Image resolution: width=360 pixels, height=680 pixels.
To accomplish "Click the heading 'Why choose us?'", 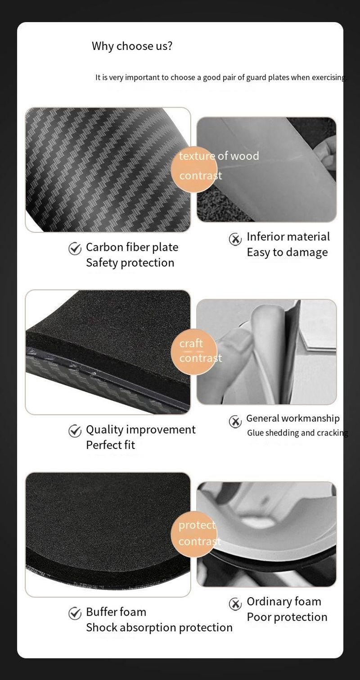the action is click(x=132, y=46).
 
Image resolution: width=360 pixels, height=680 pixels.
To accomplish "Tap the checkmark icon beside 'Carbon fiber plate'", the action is click(x=75, y=249).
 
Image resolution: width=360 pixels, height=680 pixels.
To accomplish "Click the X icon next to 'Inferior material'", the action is click(x=235, y=239).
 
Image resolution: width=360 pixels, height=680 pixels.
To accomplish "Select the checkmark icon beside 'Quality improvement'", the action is click(x=75, y=431).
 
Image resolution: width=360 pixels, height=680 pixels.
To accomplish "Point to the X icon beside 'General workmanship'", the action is click(x=235, y=422).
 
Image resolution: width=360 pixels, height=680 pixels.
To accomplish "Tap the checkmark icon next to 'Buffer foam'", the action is click(x=75, y=613).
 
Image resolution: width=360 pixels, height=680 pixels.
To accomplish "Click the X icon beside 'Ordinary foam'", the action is click(x=235, y=604).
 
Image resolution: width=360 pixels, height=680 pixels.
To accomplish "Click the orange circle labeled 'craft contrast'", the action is click(x=194, y=352).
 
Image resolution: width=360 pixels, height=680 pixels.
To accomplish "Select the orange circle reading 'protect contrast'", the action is click(x=194, y=534).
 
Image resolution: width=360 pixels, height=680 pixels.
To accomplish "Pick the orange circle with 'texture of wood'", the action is click(x=194, y=169).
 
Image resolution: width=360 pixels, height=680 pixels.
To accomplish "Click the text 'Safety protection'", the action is click(x=130, y=263).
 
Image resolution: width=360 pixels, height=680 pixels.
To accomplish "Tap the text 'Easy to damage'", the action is click(x=287, y=252).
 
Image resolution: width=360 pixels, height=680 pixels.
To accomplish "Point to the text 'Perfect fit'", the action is click(x=110, y=445).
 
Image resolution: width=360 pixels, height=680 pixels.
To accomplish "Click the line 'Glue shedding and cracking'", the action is click(x=297, y=433).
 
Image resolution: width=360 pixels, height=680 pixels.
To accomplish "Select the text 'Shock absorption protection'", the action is click(x=159, y=627).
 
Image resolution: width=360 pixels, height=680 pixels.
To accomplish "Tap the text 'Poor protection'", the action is click(x=287, y=617).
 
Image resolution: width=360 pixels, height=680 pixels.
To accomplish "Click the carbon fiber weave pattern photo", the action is click(x=108, y=170).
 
